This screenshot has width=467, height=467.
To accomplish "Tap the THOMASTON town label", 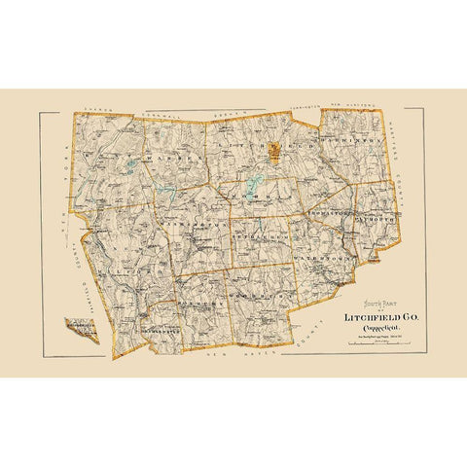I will tap(326, 211).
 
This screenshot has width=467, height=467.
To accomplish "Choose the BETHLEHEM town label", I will tap(258, 236).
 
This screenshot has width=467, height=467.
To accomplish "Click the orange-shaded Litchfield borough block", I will tap(277, 151).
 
